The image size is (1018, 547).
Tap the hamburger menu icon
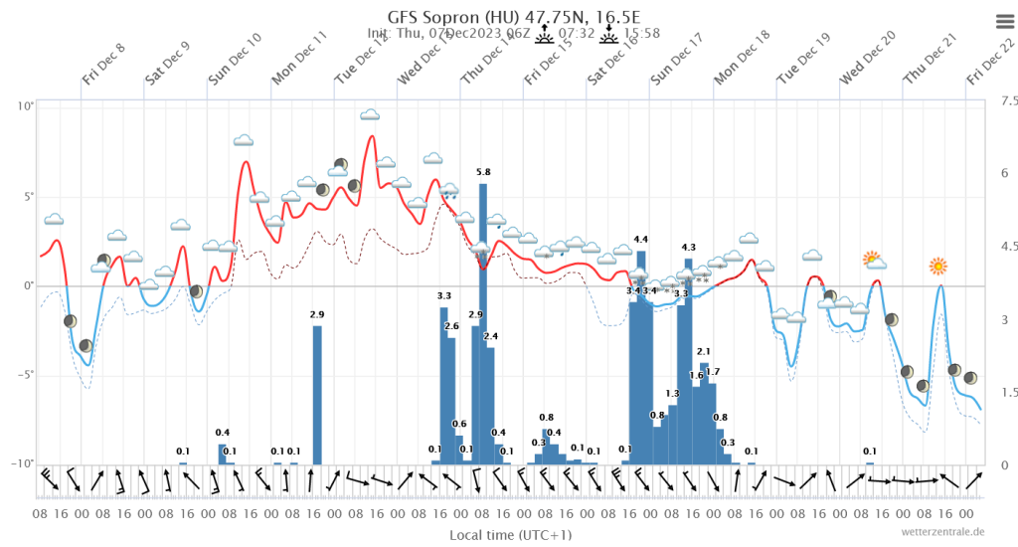pos(1001,21)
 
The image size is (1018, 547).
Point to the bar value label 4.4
pos(640,240)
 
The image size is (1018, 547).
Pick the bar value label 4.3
pos(689,247)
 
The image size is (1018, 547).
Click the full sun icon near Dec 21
pos(937,266)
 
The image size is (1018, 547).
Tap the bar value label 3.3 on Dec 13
pos(444,295)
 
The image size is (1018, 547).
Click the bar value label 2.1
pos(704,351)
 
